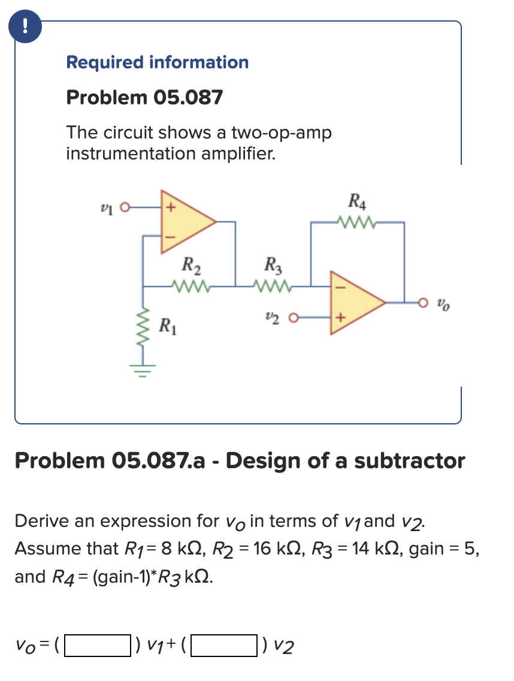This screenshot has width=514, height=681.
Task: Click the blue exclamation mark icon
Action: click(24, 26)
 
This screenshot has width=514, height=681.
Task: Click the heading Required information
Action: click(157, 62)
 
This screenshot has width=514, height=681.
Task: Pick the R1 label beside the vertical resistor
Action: click(168, 327)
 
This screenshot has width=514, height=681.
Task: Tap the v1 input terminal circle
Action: click(125, 208)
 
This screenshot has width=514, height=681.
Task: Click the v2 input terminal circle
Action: click(294, 317)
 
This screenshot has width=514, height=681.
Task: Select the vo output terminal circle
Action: click(424, 303)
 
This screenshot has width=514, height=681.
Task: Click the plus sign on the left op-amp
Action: click(170, 209)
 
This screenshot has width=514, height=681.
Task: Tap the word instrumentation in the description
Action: click(129, 154)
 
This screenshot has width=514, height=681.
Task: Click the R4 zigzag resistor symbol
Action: click(358, 224)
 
